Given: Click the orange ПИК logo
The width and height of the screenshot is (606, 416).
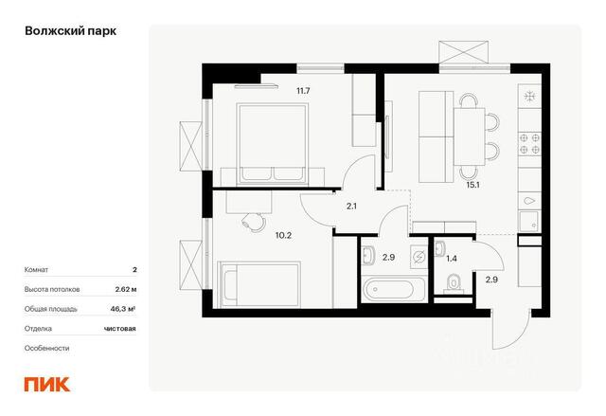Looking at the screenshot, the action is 47,385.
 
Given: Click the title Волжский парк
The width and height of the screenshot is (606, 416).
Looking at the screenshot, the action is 70,31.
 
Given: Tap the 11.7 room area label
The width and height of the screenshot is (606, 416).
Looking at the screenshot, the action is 303,91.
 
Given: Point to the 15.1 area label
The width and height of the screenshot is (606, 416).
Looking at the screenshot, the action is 473,185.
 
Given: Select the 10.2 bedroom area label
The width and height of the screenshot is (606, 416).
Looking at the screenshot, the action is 283,235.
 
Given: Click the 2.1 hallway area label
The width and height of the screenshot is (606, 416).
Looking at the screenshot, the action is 351,207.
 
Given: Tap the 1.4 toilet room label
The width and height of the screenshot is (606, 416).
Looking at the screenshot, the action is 452,259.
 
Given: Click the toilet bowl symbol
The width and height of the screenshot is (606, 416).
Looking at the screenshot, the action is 454,282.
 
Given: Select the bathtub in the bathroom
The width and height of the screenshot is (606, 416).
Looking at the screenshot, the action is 394,289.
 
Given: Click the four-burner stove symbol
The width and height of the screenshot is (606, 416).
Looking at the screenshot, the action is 529,143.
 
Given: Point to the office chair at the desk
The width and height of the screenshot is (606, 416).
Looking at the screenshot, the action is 253,223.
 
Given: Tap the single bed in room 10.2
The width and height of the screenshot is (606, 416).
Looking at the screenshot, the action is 258,284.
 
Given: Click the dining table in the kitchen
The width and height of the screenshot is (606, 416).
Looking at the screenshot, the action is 470,136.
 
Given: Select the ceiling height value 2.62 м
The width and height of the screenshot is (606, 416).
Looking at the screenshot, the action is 126,289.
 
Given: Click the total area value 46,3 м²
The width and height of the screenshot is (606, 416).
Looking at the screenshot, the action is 123,309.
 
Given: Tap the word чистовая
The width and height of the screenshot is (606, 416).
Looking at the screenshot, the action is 120,329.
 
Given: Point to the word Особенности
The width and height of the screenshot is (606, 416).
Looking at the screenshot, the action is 46,349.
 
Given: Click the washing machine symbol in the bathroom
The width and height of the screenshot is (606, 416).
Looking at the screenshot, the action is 419,256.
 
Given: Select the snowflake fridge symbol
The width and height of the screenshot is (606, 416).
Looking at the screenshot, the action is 529,96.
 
